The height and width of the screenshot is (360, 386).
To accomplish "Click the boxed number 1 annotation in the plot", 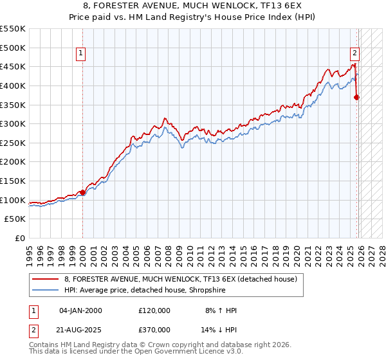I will click(x=82, y=54).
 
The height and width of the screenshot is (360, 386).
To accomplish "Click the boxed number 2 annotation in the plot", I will click(x=354, y=54).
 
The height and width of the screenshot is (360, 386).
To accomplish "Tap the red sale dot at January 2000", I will click(x=82, y=192).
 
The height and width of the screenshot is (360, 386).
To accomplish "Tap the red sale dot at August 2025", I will click(x=357, y=98).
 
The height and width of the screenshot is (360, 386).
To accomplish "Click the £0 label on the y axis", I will click(x=21, y=238).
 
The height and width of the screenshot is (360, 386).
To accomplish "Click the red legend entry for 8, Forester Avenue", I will click(x=180, y=279).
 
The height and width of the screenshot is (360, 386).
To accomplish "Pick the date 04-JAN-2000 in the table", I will click(x=80, y=310).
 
